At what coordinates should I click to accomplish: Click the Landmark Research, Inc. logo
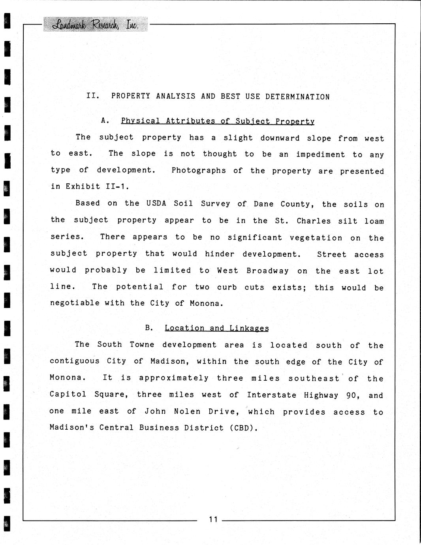(95, 25)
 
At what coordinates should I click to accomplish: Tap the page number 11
(213, 519)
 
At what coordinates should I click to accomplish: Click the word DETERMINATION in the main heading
(297, 97)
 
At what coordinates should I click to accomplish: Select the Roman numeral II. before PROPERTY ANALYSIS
(93, 96)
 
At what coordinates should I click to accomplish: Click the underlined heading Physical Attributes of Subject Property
(218, 121)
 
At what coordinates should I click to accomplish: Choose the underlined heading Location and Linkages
(216, 328)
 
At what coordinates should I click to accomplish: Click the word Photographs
(199, 171)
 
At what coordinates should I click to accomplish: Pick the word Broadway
(267, 271)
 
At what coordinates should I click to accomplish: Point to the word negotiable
(75, 303)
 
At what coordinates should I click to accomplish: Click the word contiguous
(75, 361)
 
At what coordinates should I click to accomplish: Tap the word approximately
(173, 378)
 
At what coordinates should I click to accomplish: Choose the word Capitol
(68, 394)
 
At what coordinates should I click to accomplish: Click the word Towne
(142, 344)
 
